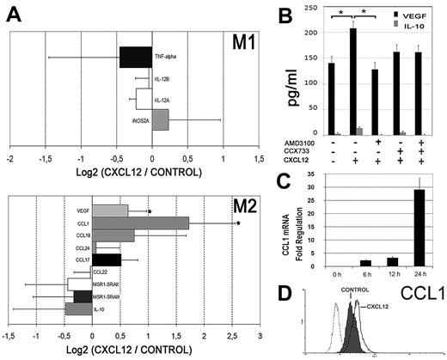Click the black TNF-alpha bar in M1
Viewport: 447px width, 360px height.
point(135,57)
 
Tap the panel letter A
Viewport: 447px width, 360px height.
point(12,10)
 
